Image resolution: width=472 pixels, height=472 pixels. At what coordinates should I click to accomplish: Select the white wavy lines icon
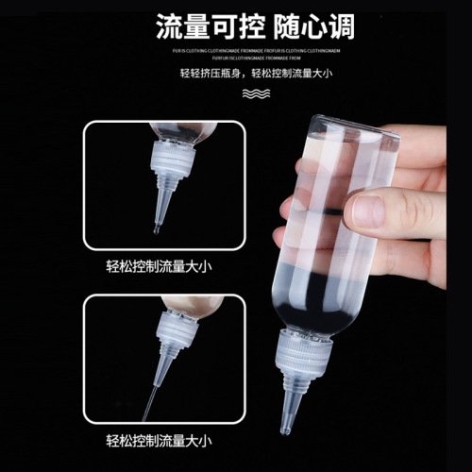point(252,94)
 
